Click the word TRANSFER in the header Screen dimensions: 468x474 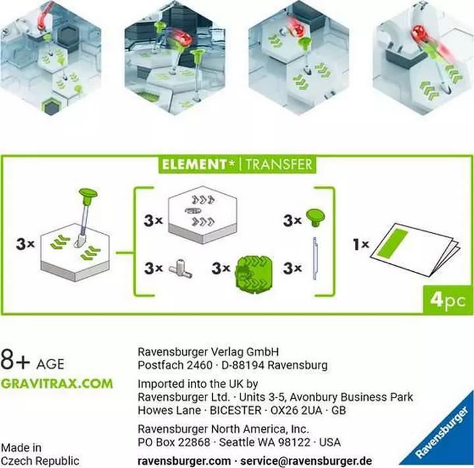pos(278,164)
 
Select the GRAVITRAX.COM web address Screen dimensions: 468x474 pos(57,384)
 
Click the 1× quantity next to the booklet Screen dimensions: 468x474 pos(361,244)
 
